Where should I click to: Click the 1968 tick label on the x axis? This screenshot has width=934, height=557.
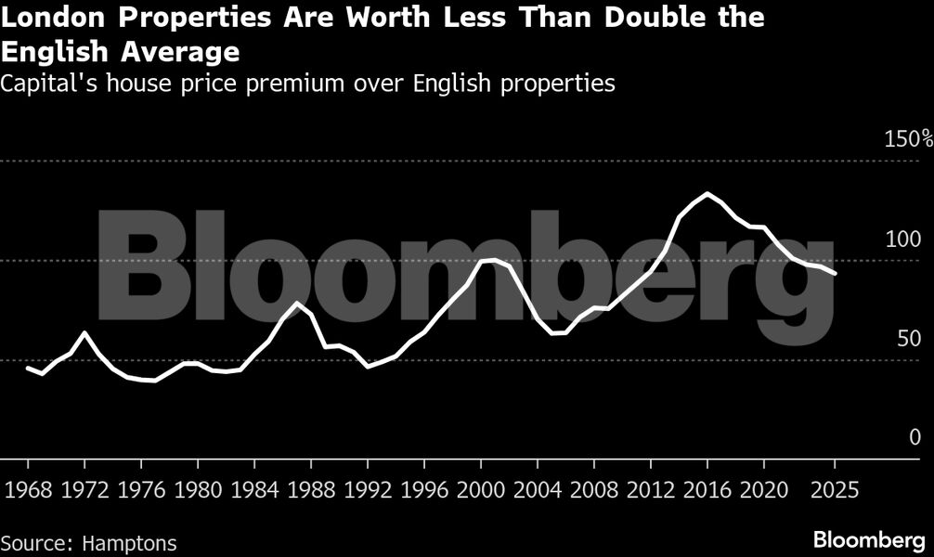27,488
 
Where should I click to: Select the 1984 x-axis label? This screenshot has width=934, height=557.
253,488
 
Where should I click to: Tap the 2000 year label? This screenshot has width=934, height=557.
480,488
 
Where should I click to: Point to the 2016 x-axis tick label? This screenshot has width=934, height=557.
707,488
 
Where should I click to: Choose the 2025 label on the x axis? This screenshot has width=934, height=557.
834,488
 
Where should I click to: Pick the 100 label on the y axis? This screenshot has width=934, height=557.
902,239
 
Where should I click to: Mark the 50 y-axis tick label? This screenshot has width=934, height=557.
908,338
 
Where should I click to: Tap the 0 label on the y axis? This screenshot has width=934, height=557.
915,437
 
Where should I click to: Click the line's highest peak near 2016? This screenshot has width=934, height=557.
707,194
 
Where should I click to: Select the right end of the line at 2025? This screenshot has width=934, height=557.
835,274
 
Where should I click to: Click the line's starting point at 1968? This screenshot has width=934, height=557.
28,368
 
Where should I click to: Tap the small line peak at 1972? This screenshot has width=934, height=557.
84,332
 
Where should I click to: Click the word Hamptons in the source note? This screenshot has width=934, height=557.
129,543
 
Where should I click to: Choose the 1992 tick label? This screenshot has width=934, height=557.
367,488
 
